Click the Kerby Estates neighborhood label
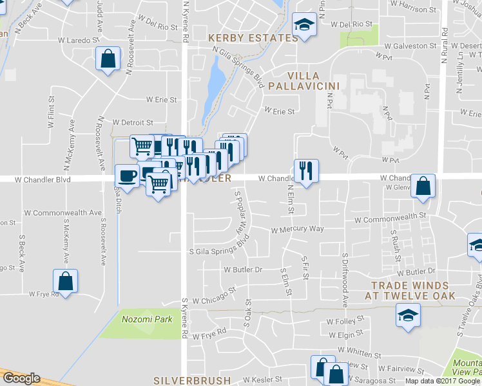[x=254, y=38]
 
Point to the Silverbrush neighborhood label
[x=193, y=380]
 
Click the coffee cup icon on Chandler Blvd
[x=126, y=175]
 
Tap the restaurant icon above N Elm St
[x=305, y=170]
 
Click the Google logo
[x=21, y=378]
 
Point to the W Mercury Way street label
[x=297, y=229]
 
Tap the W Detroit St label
[x=133, y=122]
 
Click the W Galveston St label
[x=410, y=46]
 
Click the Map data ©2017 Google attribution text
[x=443, y=381]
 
